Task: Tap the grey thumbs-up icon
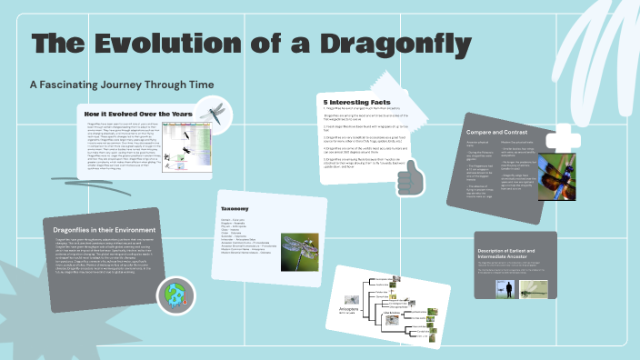coord(411,175)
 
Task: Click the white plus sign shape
coord(563,140)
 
